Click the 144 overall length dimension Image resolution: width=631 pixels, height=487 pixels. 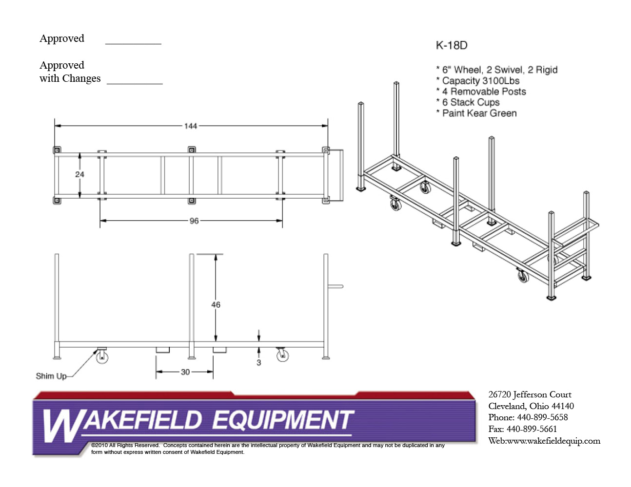pos(190,126)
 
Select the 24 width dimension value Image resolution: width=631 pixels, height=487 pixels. pos(80,174)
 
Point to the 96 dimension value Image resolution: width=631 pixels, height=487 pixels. pos(194,221)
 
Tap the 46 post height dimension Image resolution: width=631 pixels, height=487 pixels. pos(216,305)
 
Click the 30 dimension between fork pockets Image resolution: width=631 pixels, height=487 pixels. pos(185,372)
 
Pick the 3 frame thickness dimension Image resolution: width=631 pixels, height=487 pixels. pos(258,362)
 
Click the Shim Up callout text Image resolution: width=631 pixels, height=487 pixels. pos(51,376)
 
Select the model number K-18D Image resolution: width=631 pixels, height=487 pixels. pos(452,45)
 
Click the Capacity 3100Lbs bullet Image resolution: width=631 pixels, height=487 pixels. pos(480,81)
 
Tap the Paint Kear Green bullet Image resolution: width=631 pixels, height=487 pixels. pos(479,113)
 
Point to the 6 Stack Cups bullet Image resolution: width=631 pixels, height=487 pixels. pos(471,102)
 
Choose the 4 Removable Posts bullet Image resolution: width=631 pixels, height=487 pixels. pos(484,92)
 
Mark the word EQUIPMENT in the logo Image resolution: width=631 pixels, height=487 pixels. pos(283,420)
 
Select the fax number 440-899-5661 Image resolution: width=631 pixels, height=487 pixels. pos(532,429)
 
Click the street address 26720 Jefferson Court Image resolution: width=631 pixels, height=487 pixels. pos(530,394)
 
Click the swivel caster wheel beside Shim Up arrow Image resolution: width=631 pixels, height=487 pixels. pos(102,357)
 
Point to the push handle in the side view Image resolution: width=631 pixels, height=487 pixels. pos(336,286)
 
